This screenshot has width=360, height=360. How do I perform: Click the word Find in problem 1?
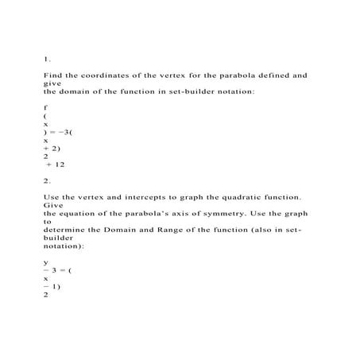(x=52, y=75)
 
